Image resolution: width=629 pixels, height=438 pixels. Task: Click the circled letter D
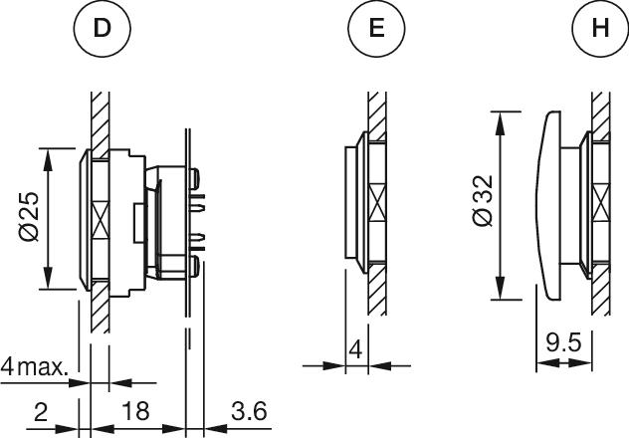[103, 29]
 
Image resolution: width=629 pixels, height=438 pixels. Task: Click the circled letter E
[376, 29]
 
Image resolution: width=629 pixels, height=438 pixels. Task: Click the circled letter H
[600, 29]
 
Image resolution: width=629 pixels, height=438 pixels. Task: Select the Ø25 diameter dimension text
[29, 217]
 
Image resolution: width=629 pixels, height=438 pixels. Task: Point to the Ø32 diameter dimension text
[482, 201]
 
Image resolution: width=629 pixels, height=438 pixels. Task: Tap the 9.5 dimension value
[563, 343]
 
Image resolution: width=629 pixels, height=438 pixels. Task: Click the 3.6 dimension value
[249, 411]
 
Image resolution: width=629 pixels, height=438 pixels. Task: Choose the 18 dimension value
[135, 411]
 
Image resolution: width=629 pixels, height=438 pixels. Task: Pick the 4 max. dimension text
[34, 366]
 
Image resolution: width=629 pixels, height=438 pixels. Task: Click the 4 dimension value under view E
[355, 349]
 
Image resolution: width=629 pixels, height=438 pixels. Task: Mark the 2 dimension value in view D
[41, 412]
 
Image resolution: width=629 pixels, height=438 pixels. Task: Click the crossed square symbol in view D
[101, 219]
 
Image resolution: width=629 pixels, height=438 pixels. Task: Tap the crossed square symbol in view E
[377, 202]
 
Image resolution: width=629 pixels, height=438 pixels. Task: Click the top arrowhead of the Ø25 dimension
[48, 159]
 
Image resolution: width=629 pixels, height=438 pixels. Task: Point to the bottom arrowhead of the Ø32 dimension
[500, 288]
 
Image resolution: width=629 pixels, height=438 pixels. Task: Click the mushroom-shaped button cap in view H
[548, 205]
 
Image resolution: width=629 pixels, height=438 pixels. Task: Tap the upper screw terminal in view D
[194, 178]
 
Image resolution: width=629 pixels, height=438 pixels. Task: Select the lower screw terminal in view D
[194, 267]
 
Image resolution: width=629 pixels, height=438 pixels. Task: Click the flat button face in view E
[350, 202]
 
